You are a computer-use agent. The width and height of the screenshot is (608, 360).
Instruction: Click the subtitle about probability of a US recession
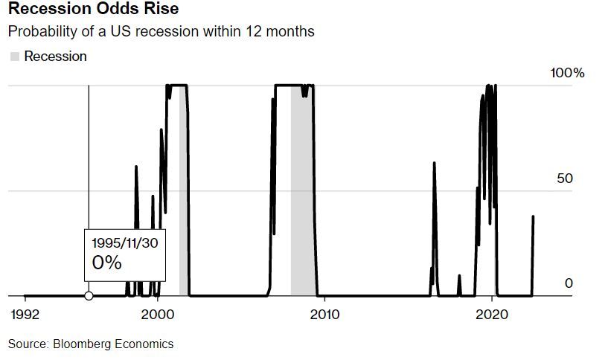pyautogui.click(x=161, y=32)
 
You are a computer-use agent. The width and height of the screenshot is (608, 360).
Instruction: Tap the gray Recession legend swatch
pyautogui.click(x=14, y=57)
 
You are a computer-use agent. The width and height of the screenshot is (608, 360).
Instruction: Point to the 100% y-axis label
pyautogui.click(x=567, y=73)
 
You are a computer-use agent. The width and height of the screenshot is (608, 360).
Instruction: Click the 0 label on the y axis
pyautogui.click(x=569, y=283)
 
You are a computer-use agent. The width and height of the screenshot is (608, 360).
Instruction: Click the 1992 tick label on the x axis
pyautogui.click(x=25, y=315)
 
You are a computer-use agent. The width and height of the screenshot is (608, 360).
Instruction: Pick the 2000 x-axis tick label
pyautogui.click(x=159, y=315)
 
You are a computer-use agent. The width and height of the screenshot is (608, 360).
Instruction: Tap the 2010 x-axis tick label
pyautogui.click(x=324, y=315)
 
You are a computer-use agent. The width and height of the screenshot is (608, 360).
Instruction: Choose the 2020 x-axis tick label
pyautogui.click(x=491, y=315)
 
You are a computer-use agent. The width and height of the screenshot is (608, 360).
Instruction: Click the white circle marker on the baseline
pyautogui.click(x=89, y=296)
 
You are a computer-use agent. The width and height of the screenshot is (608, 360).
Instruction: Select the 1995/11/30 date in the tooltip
pyautogui.click(x=124, y=243)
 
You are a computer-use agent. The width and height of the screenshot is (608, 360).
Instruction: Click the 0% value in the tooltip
pyautogui.click(x=106, y=263)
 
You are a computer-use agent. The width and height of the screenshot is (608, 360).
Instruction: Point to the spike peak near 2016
pyautogui.click(x=435, y=164)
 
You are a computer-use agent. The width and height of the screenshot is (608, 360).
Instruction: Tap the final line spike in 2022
pyautogui.click(x=533, y=217)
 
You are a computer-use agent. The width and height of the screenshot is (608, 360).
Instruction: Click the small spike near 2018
pyautogui.click(x=459, y=277)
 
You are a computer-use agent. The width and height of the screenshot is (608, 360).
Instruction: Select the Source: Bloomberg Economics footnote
pyautogui.click(x=91, y=344)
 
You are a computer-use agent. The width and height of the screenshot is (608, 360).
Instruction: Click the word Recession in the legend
pyautogui.click(x=56, y=57)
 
